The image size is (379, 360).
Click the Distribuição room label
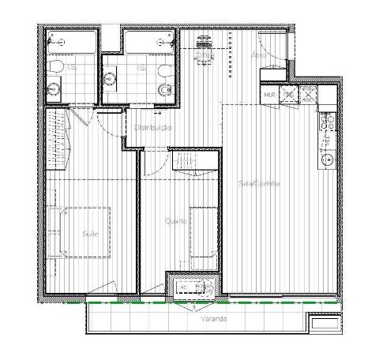click(x=152, y=127)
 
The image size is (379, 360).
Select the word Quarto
click(x=175, y=221)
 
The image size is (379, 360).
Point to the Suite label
click(x=89, y=233)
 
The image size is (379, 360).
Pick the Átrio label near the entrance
click(x=258, y=54)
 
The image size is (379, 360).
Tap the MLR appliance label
click(x=269, y=95)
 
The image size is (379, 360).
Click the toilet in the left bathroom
click(x=56, y=66)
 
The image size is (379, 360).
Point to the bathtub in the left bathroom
click(x=69, y=41)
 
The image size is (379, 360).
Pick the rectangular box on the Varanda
click(x=325, y=323)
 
